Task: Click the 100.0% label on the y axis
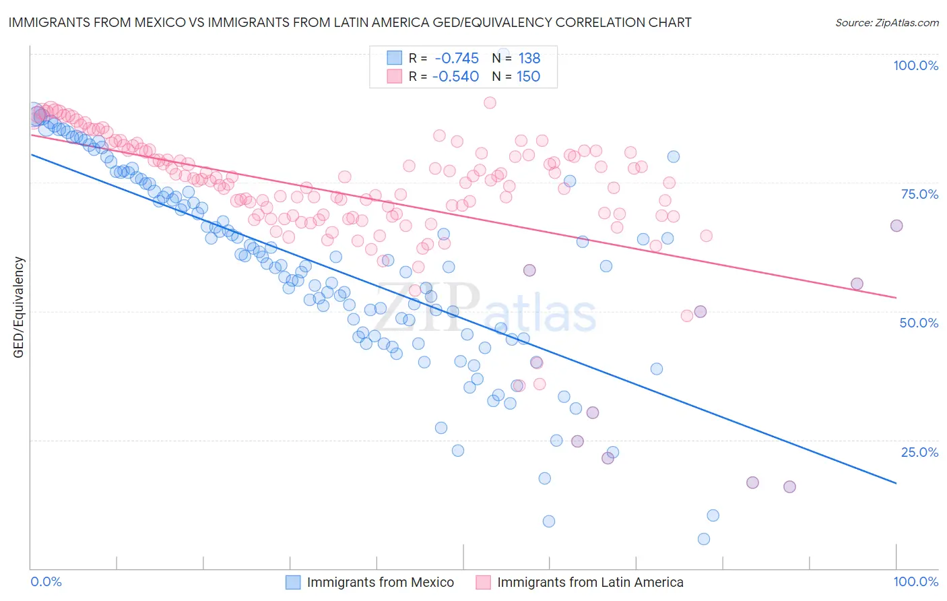click(915, 65)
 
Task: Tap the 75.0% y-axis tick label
click(919, 194)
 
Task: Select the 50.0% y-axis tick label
click(919, 323)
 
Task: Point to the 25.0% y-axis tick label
click(919, 452)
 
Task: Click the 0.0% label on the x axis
click(46, 581)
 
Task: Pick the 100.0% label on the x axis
click(915, 581)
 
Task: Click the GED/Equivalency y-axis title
click(19, 307)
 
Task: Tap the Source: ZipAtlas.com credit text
click(886, 23)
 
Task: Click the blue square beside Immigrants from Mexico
click(293, 582)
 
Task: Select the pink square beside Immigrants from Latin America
click(483, 582)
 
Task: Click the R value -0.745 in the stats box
click(457, 59)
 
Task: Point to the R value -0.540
click(455, 77)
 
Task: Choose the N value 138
click(529, 59)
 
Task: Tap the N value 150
click(529, 77)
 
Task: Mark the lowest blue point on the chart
click(704, 539)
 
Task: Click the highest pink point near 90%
click(490, 102)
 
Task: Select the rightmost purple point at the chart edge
click(896, 226)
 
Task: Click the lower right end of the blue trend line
click(896, 483)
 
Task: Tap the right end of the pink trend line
click(896, 297)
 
